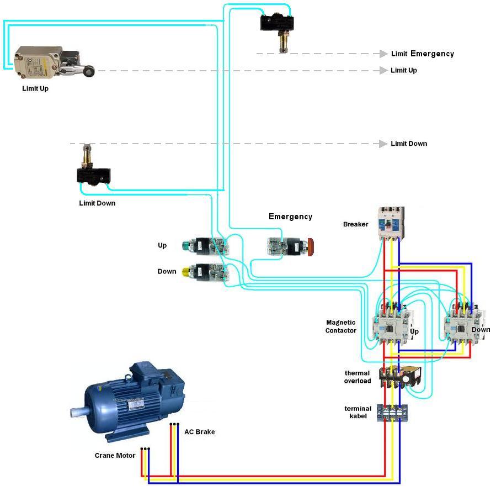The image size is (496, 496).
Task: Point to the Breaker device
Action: (391, 223)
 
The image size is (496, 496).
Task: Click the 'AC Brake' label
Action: (199, 432)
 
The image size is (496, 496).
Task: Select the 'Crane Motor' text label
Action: (115, 456)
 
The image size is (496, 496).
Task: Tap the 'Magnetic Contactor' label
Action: (340, 326)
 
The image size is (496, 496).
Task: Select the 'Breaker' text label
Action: (355, 224)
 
